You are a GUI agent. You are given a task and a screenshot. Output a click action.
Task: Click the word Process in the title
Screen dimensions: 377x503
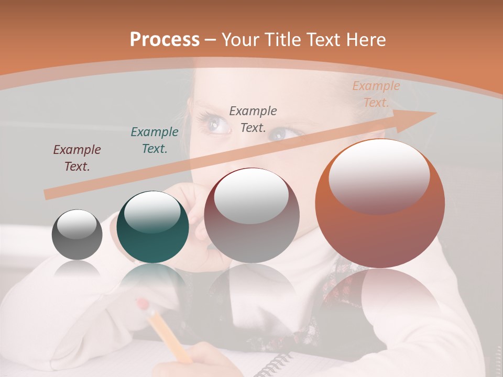165,40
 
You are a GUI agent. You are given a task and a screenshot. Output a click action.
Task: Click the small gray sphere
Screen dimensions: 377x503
77,235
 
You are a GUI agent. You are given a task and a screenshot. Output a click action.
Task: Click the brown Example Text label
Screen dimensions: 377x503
77,158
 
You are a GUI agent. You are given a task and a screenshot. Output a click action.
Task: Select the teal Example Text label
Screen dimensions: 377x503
155,140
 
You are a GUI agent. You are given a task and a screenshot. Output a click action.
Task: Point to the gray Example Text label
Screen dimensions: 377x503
253,119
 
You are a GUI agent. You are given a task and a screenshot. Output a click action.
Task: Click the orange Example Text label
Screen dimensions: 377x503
376,94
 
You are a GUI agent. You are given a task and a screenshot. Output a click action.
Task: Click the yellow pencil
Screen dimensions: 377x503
168,335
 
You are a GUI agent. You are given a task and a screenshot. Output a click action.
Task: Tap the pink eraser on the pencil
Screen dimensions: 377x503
142,304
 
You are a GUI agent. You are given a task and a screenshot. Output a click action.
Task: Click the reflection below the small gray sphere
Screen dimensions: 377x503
77,270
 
